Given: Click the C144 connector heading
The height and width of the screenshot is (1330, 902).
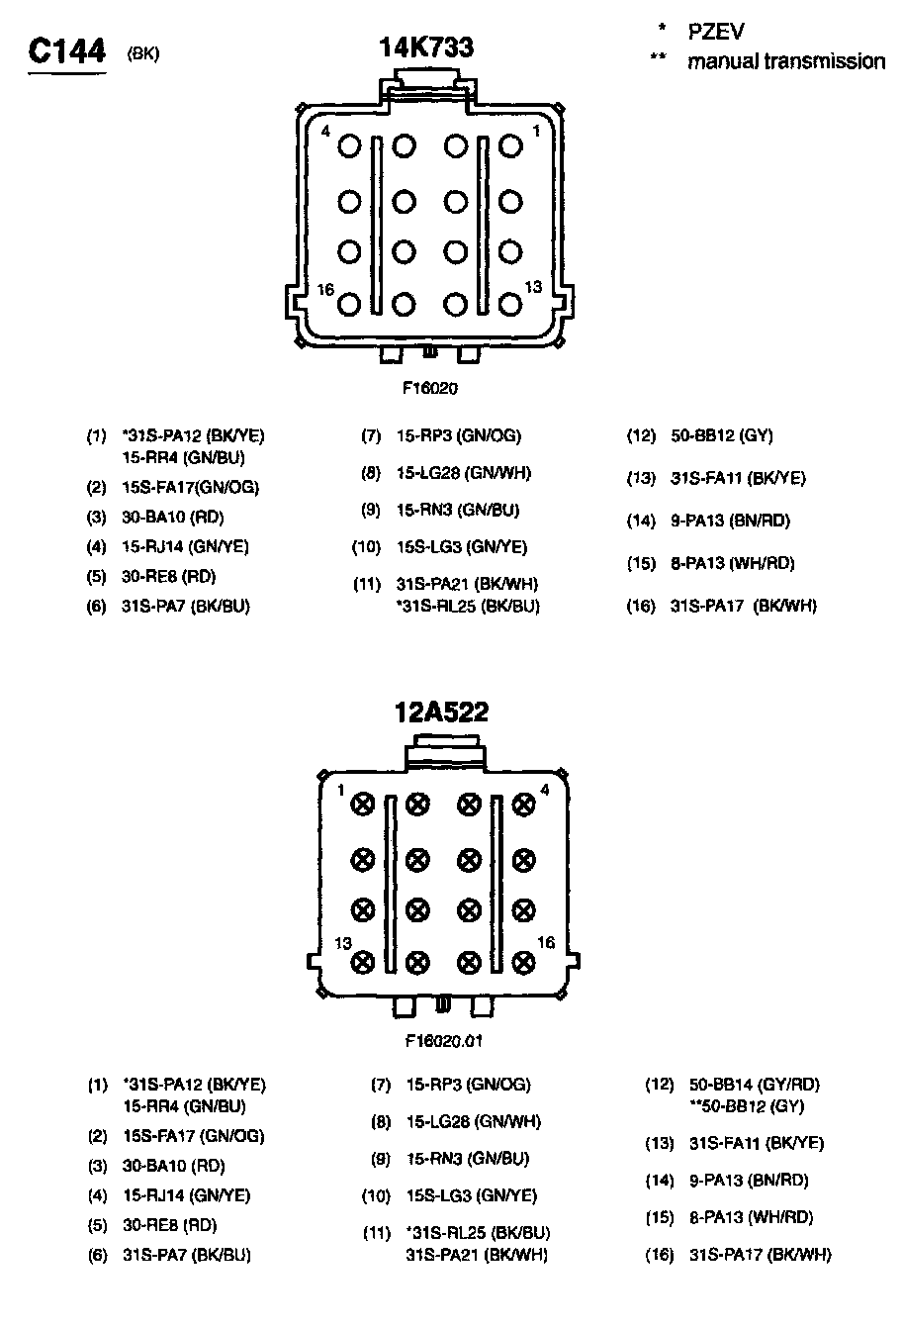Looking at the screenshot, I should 66,52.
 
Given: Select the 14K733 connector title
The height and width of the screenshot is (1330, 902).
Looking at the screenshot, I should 426,47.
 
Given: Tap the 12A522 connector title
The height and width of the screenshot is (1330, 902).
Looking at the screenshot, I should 441,712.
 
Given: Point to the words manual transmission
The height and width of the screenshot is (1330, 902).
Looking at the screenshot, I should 786,61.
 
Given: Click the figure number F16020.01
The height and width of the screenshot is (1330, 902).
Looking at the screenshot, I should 443,1040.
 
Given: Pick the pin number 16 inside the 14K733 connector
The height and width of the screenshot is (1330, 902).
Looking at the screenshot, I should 325,289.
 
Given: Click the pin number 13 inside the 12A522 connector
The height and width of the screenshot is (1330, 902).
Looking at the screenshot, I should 343,943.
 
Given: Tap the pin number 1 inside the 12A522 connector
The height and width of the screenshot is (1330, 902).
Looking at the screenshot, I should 339,790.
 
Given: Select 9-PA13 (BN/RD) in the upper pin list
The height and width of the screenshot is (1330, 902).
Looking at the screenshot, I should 730,521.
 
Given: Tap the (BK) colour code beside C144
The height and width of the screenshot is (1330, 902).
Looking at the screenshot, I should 143,53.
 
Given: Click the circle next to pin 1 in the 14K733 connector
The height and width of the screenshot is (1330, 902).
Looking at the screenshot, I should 510,146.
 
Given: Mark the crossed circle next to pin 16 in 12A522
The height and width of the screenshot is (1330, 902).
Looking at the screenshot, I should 524,961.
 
